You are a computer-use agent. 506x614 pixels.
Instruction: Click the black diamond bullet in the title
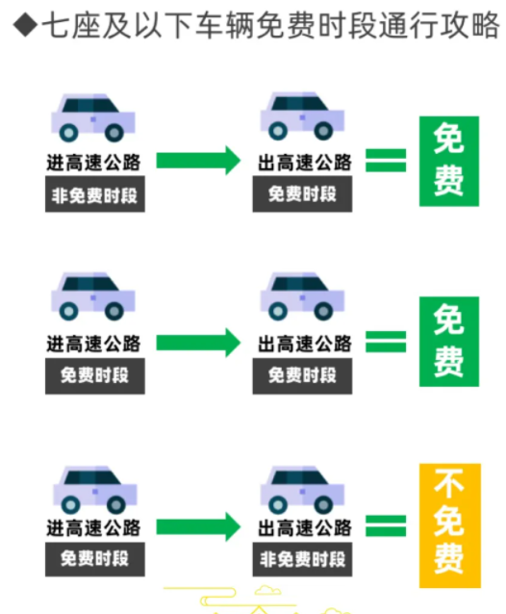(x=25, y=24)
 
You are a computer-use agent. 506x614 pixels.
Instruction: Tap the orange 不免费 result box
(x=449, y=525)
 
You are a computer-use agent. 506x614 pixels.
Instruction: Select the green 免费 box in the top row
(x=449, y=161)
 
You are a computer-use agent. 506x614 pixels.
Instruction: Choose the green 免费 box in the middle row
(x=449, y=342)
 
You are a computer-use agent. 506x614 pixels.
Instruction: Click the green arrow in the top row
(x=198, y=160)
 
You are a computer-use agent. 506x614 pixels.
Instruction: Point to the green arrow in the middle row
(x=198, y=343)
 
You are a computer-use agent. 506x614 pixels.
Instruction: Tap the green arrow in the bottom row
(x=198, y=526)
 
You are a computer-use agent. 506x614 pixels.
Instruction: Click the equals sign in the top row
(x=386, y=160)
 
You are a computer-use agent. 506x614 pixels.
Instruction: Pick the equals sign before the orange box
(x=386, y=525)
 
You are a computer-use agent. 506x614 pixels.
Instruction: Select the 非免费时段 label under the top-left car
(x=94, y=194)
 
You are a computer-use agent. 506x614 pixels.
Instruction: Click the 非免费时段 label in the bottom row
(x=302, y=559)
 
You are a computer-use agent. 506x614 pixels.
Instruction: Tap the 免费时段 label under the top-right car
(x=302, y=193)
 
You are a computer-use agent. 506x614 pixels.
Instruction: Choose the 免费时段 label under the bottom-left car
(x=94, y=559)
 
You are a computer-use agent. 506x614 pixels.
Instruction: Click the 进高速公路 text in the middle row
(x=93, y=344)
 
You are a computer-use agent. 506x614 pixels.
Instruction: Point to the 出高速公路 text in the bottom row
(x=304, y=527)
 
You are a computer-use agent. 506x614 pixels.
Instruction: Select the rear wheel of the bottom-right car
(x=278, y=504)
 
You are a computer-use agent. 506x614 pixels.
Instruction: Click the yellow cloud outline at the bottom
(x=267, y=590)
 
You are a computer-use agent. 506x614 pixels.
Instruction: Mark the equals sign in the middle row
(x=386, y=342)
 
